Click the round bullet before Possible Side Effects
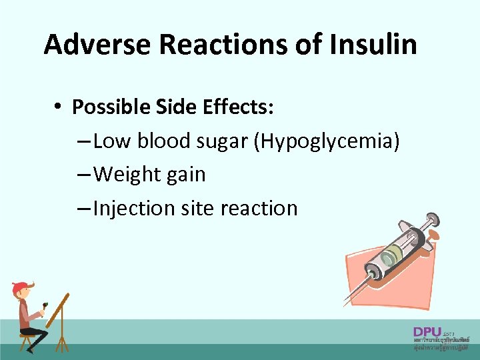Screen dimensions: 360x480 point(59,107)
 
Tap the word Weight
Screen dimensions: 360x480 point(126,175)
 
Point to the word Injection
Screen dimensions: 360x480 point(134,209)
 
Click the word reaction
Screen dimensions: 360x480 point(260,209)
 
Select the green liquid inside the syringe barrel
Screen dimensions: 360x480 point(391,253)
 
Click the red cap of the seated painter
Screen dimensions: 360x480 point(20,288)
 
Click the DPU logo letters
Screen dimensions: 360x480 point(427,332)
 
